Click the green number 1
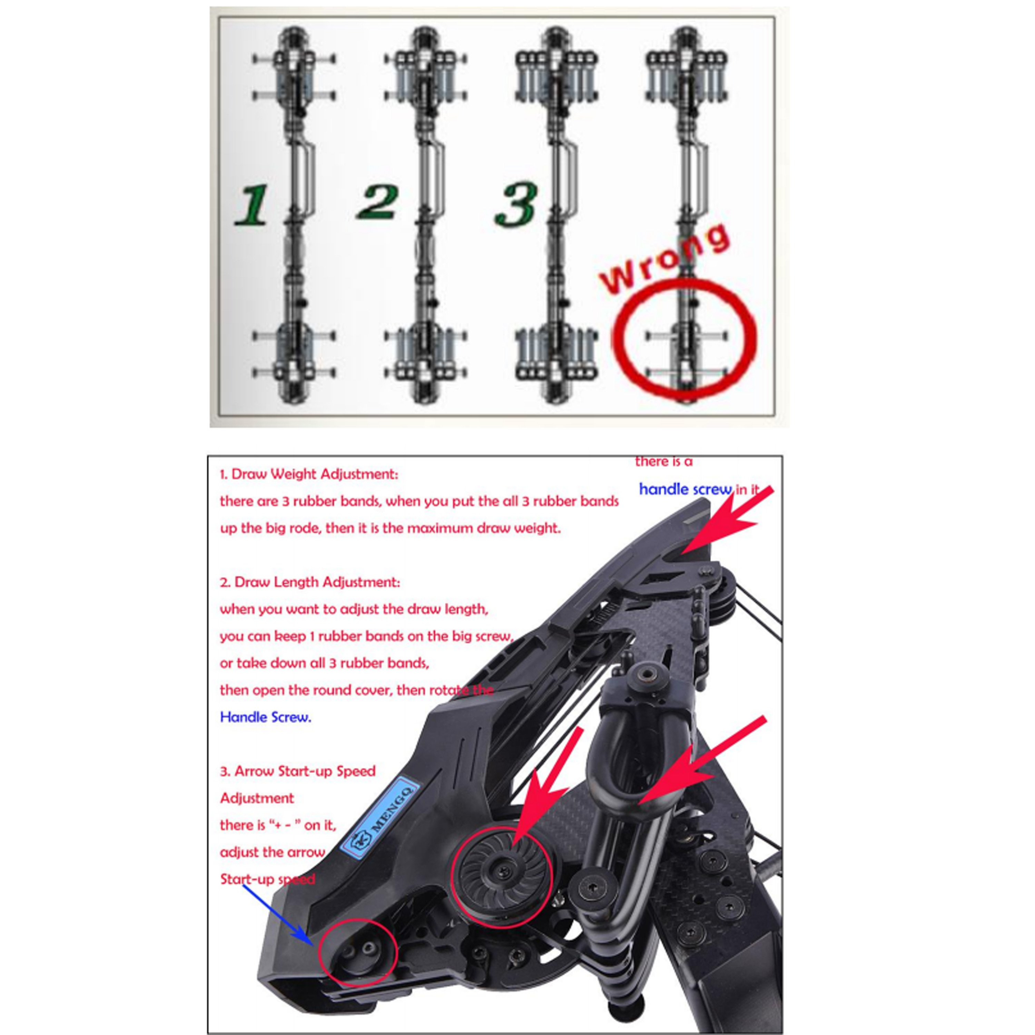pos(251,205)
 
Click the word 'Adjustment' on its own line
pos(257,798)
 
